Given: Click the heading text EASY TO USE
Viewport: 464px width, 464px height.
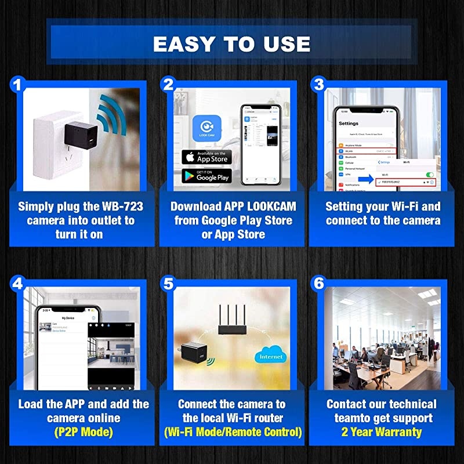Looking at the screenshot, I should (231, 43).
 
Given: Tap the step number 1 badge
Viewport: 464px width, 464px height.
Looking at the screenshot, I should (17, 85).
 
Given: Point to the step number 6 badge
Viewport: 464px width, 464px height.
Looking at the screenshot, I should (318, 284).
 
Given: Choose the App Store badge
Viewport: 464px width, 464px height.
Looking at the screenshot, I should (206, 157).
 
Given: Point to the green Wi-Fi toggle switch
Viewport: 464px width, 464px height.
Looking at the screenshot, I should (429, 175).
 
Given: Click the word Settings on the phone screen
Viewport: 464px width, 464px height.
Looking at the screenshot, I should (349, 124).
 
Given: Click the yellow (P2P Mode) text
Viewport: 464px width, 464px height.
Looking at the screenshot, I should (83, 432).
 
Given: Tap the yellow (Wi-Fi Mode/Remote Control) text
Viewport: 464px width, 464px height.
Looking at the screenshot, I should (232, 432).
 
